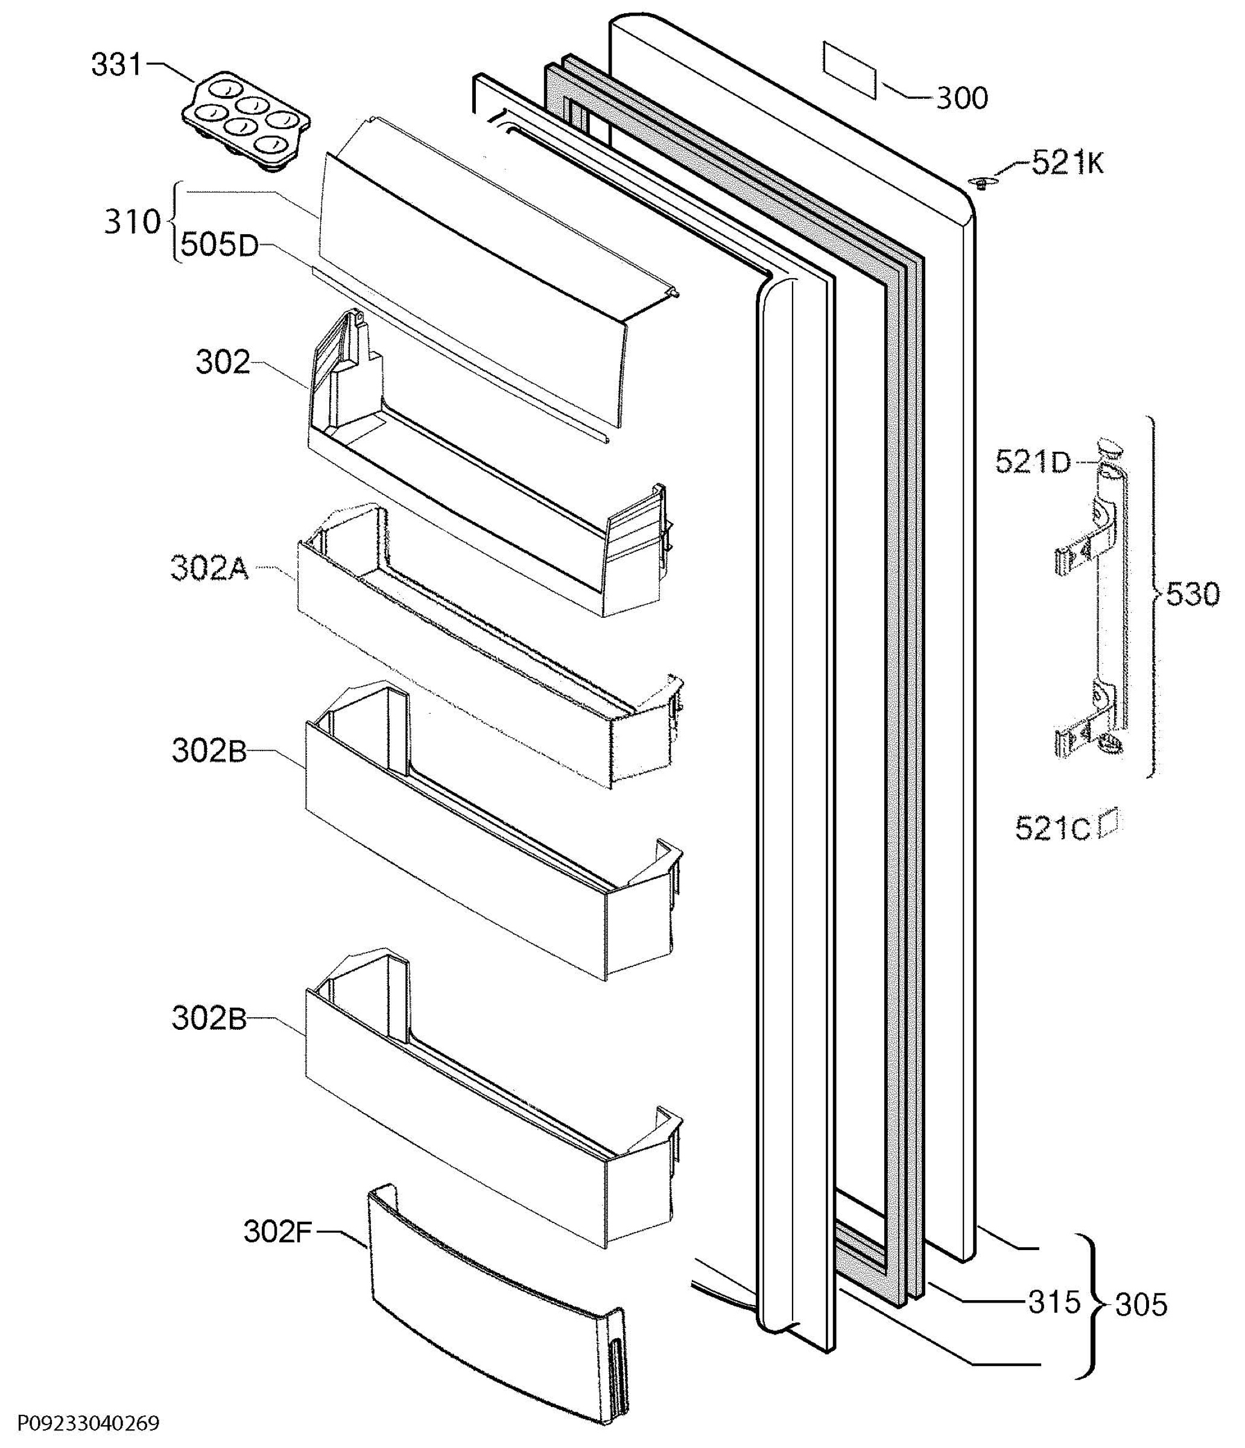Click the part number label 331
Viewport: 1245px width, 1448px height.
click(x=116, y=65)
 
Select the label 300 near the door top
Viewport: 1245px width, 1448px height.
click(x=962, y=98)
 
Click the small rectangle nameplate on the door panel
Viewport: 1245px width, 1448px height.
click(x=849, y=70)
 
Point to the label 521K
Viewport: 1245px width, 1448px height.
click(x=1068, y=164)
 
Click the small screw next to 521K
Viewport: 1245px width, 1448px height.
click(x=980, y=183)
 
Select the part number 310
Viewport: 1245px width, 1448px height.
click(x=132, y=221)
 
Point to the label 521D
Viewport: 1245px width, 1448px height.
click(x=1033, y=462)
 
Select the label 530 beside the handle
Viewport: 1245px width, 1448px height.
click(x=1193, y=595)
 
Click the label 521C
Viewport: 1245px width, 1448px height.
click(x=1052, y=830)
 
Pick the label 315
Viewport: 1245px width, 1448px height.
click(x=1054, y=1302)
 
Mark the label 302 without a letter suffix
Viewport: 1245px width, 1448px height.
click(x=222, y=363)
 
